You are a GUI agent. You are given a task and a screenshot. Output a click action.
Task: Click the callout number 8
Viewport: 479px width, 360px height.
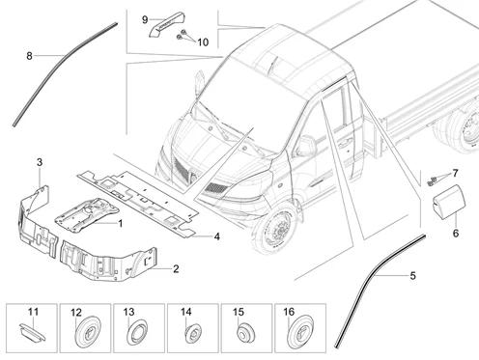coord(29,56)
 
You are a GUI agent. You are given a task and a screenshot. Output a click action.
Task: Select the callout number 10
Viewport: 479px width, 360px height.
coord(203,42)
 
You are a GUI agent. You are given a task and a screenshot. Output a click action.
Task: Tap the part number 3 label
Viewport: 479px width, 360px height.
coord(40,162)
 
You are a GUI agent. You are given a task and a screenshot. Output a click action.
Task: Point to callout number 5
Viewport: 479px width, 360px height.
coord(412,276)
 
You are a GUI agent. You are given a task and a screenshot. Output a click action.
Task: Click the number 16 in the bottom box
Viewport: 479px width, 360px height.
coord(289,312)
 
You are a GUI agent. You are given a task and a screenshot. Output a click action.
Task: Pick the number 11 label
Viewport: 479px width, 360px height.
coord(33,312)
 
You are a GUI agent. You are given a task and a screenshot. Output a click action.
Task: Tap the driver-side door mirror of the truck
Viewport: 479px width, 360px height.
coord(304,147)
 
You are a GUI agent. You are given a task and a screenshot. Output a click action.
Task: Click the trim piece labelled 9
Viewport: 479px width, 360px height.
coord(167,24)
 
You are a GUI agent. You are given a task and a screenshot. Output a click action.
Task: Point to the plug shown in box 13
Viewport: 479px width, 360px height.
coord(137,333)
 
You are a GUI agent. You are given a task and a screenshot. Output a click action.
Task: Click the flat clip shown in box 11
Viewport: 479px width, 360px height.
coord(32,331)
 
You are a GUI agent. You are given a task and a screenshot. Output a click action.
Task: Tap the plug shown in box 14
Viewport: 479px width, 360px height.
coord(193,333)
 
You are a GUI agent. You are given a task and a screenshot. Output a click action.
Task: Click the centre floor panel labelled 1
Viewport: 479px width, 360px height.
coord(87,215)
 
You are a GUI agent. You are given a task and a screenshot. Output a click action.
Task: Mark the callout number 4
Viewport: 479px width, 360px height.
coord(217,236)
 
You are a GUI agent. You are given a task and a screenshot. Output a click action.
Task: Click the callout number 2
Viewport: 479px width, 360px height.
coord(176,268)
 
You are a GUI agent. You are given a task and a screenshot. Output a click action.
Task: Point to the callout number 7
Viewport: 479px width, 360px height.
coord(455,174)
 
